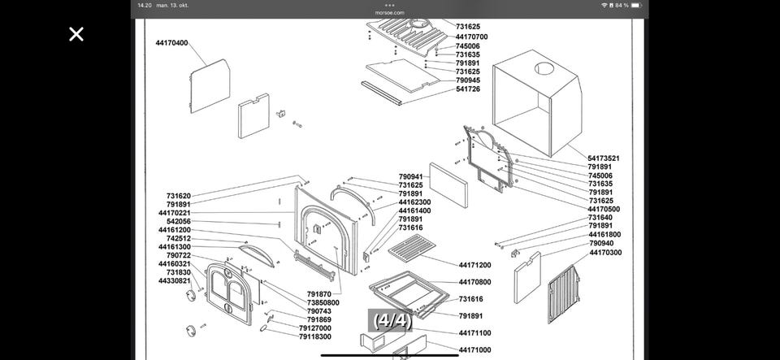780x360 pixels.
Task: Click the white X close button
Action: (76, 34)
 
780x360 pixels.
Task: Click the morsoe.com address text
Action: (389, 13)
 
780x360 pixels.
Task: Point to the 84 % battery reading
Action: (622, 5)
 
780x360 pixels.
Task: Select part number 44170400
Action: (171, 43)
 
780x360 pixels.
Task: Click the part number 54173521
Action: (604, 158)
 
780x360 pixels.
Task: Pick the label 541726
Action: (468, 89)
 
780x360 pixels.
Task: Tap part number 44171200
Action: (474, 265)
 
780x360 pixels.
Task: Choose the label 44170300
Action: (605, 253)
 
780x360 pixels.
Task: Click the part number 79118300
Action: (315, 336)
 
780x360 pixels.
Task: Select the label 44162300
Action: (414, 202)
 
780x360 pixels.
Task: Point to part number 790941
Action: (410, 176)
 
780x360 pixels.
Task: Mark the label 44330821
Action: (174, 280)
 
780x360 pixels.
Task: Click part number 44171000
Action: (474, 350)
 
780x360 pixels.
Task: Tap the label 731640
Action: (600, 217)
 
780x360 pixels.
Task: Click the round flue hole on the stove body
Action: (544, 68)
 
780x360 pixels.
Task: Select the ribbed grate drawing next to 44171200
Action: (412, 248)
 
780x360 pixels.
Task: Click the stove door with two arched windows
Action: (229, 294)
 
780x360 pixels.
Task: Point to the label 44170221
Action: (174, 213)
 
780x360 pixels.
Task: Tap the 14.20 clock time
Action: (145, 5)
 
